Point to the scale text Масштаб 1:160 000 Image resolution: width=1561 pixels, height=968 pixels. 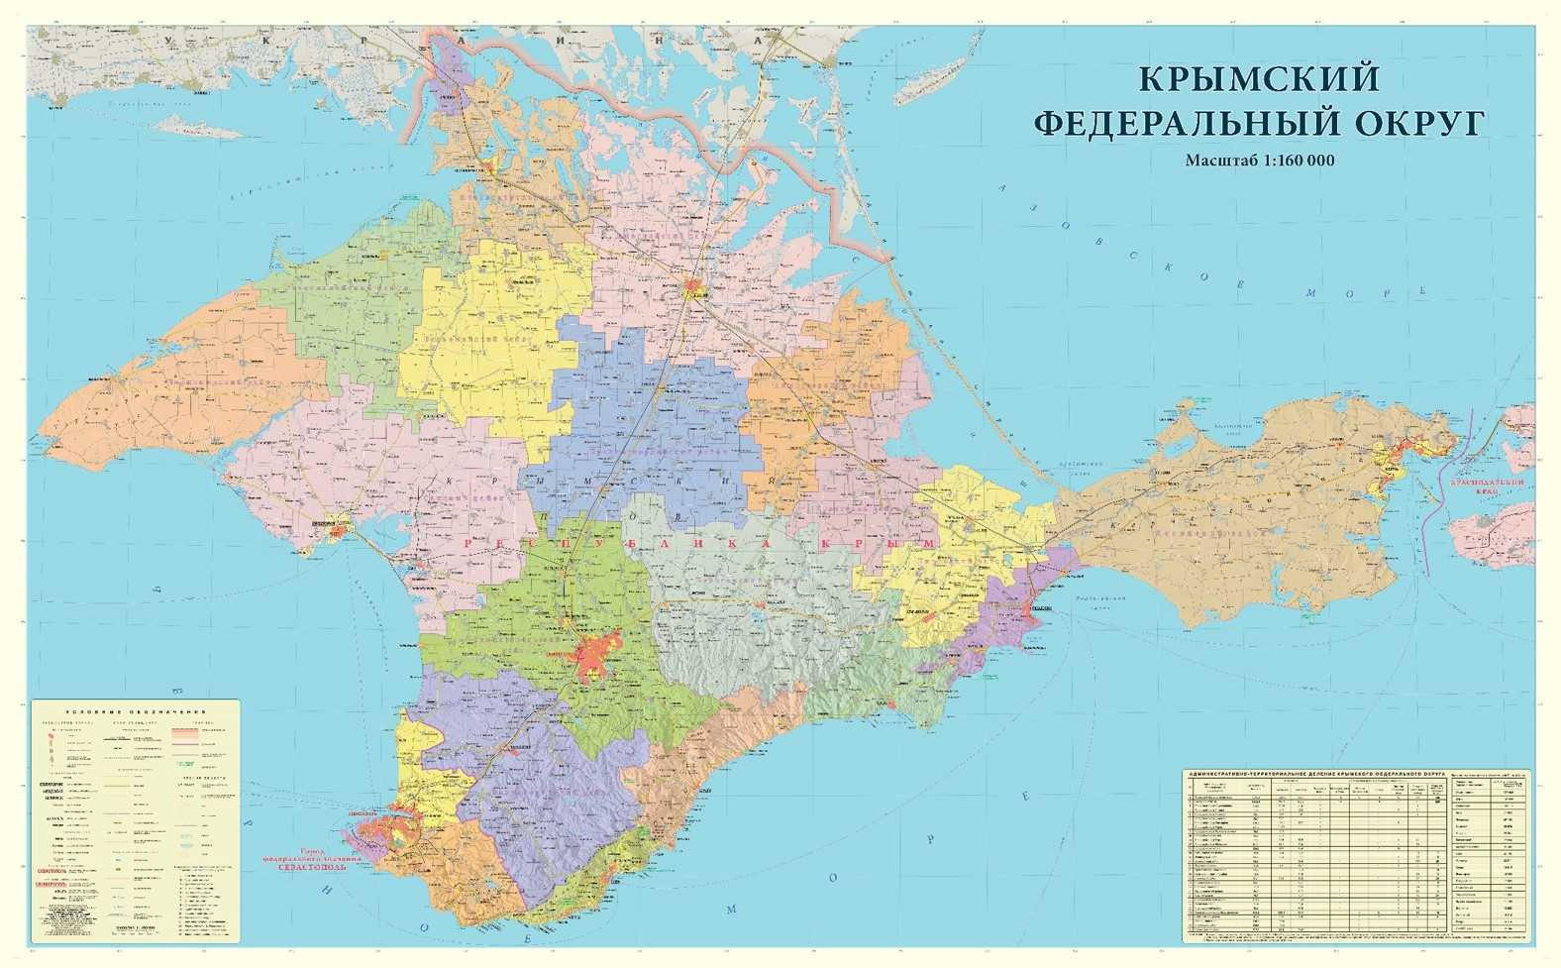pos(1259,160)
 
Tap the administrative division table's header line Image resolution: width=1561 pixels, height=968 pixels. pos(1313,771)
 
